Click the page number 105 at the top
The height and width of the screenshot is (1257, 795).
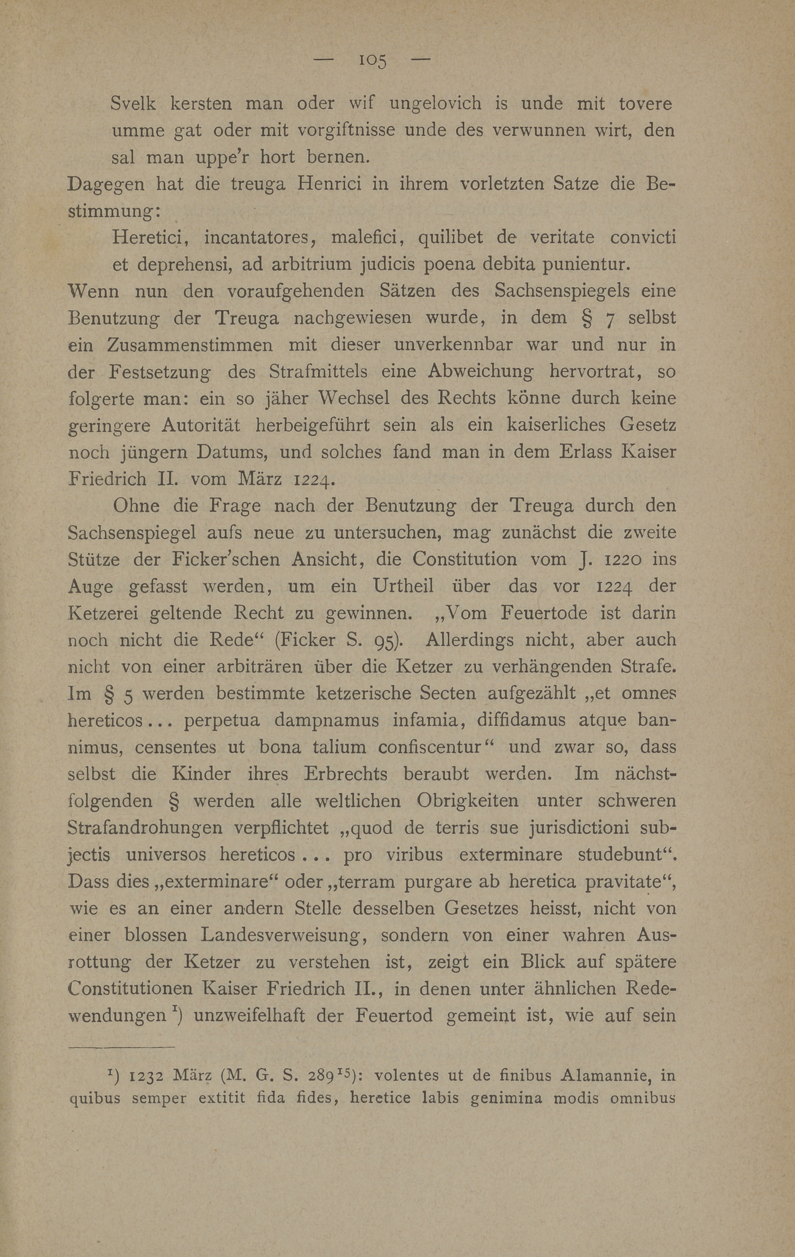[x=372, y=61]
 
